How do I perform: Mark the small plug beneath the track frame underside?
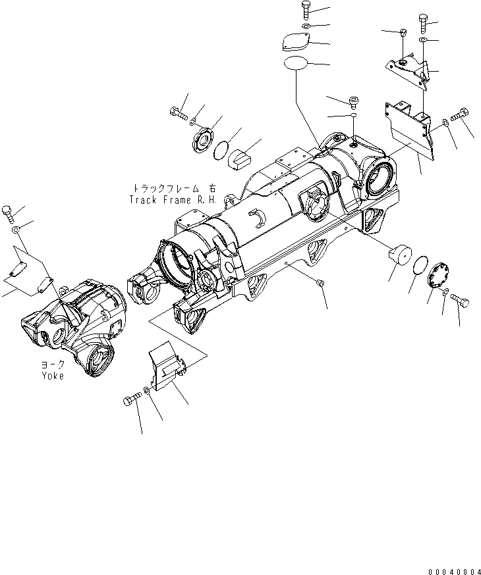pos(321,282)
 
